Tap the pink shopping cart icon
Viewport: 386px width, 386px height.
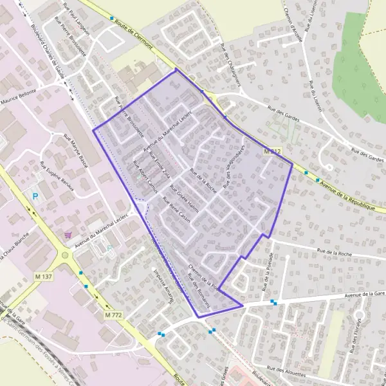(68, 235)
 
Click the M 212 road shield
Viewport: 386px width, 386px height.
(273, 151)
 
